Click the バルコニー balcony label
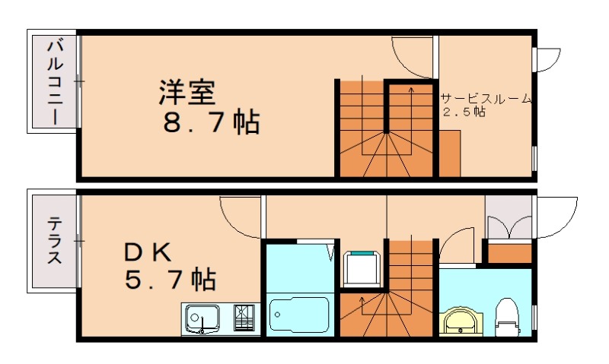54,81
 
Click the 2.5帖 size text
464,112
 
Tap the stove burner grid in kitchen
245,317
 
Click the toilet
506,317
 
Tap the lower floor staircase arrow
362,304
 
